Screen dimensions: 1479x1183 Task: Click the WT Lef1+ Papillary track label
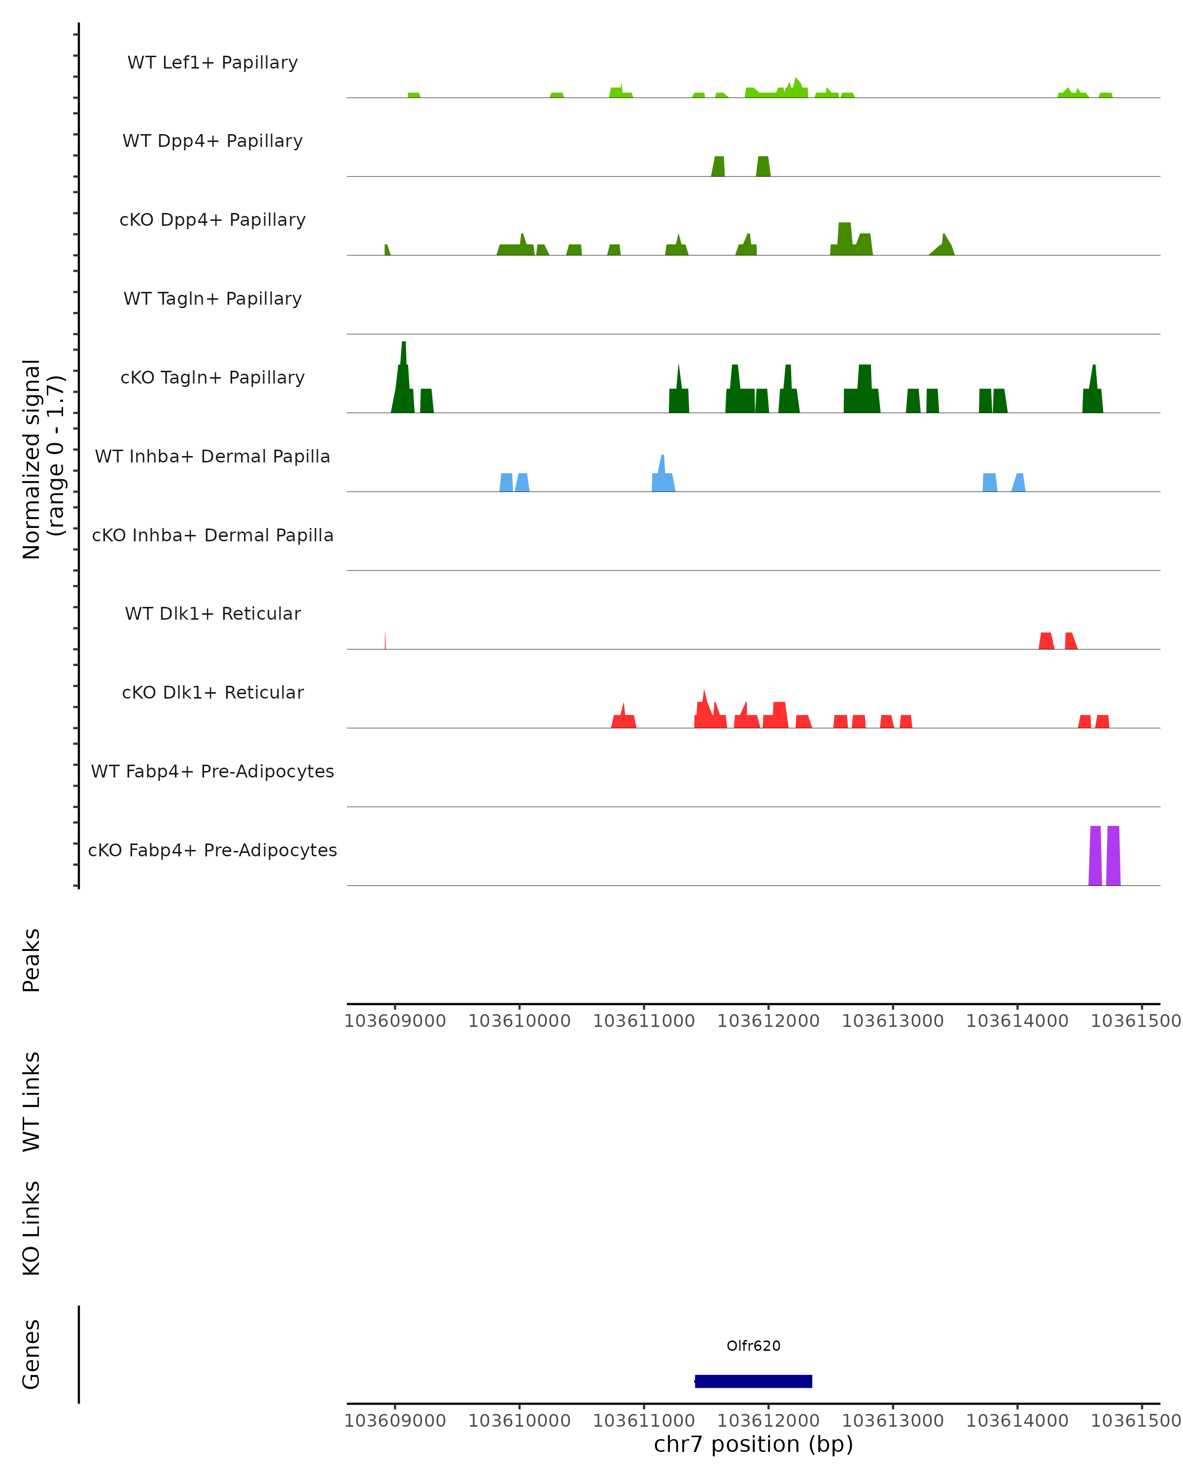point(212,63)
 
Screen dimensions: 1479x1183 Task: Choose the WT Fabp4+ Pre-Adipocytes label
point(212,771)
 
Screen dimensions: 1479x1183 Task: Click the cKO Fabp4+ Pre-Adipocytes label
point(212,850)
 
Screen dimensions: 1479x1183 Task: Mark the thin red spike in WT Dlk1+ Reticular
point(385,641)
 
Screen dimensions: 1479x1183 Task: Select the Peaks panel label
point(32,960)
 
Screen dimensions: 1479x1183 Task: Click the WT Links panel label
point(32,1101)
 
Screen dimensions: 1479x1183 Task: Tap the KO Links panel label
point(32,1228)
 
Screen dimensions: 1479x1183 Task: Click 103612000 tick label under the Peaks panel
point(768,1021)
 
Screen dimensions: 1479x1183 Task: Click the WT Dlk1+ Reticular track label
point(212,613)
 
